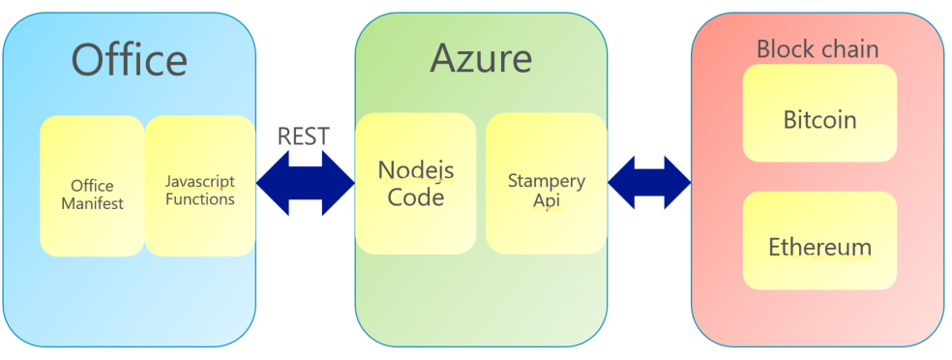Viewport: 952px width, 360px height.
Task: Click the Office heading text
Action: click(x=130, y=59)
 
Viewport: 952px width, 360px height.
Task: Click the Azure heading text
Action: click(x=481, y=59)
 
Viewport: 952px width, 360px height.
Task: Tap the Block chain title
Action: click(x=818, y=49)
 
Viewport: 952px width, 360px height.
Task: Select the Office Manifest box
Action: click(x=92, y=186)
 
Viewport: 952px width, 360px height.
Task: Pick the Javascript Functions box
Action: click(x=199, y=186)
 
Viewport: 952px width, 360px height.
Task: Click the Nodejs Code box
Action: click(x=416, y=183)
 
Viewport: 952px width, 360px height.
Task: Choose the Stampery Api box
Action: click(x=547, y=183)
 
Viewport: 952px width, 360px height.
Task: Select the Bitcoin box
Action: click(x=819, y=113)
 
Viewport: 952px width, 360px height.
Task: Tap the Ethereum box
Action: click(x=819, y=240)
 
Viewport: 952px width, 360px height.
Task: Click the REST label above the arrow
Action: click(x=304, y=136)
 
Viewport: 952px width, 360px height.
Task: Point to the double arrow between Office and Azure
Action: click(x=306, y=183)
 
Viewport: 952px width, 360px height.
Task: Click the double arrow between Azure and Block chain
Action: click(x=649, y=183)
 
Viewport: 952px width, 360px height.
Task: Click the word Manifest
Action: click(x=92, y=203)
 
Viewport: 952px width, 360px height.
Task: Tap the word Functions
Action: click(x=199, y=199)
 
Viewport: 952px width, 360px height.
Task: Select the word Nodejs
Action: click(x=416, y=170)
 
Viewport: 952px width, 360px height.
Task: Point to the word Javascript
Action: click(x=199, y=182)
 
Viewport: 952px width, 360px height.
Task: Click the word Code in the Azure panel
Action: click(x=416, y=197)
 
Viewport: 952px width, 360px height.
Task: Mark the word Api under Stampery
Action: click(x=547, y=200)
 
